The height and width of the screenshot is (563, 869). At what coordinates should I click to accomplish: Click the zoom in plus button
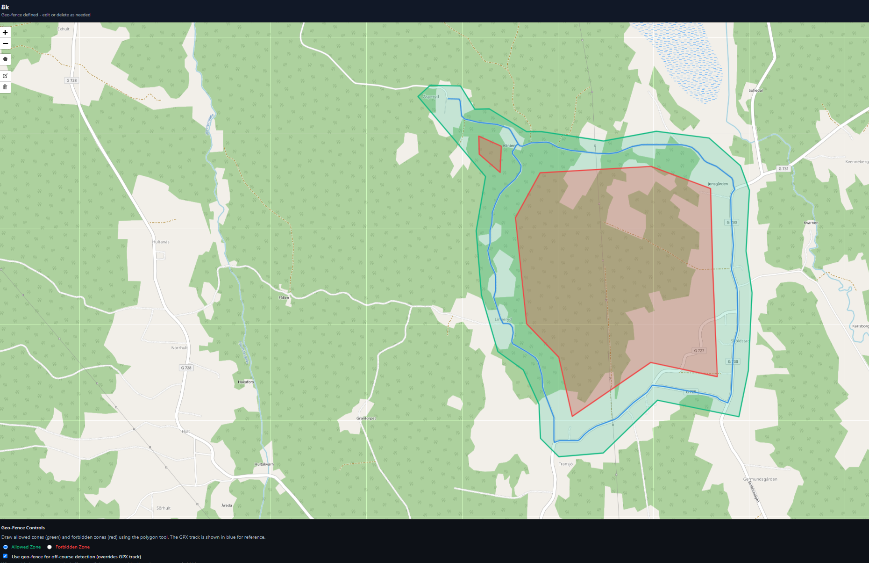point(5,32)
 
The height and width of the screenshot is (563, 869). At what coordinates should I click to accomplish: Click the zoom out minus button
point(5,43)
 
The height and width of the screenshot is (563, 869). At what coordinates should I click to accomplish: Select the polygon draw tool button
point(5,59)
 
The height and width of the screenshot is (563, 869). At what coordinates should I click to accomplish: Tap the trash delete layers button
point(5,87)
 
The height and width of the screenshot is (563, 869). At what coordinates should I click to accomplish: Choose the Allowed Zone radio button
point(6,547)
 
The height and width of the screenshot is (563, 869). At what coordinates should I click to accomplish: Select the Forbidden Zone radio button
point(50,547)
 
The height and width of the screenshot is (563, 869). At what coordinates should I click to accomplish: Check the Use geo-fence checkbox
point(5,556)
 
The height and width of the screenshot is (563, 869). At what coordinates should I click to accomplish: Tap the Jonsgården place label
point(718,184)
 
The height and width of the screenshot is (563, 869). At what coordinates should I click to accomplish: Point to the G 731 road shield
point(783,169)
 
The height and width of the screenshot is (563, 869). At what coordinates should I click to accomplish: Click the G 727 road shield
point(699,351)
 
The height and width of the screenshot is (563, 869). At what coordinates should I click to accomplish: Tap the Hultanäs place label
point(161,242)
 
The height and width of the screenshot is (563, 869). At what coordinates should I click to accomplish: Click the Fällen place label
point(284,297)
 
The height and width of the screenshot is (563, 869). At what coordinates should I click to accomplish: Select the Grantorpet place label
point(366,418)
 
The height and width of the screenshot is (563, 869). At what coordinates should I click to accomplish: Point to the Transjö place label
point(565,464)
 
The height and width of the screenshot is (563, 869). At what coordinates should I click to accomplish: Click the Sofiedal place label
point(755,90)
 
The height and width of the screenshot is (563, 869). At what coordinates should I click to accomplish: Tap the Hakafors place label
point(246,382)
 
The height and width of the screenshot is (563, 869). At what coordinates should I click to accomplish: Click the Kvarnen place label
point(811,223)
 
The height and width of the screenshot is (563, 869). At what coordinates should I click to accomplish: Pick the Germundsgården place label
point(760,479)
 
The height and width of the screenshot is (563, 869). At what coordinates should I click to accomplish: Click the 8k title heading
point(5,7)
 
